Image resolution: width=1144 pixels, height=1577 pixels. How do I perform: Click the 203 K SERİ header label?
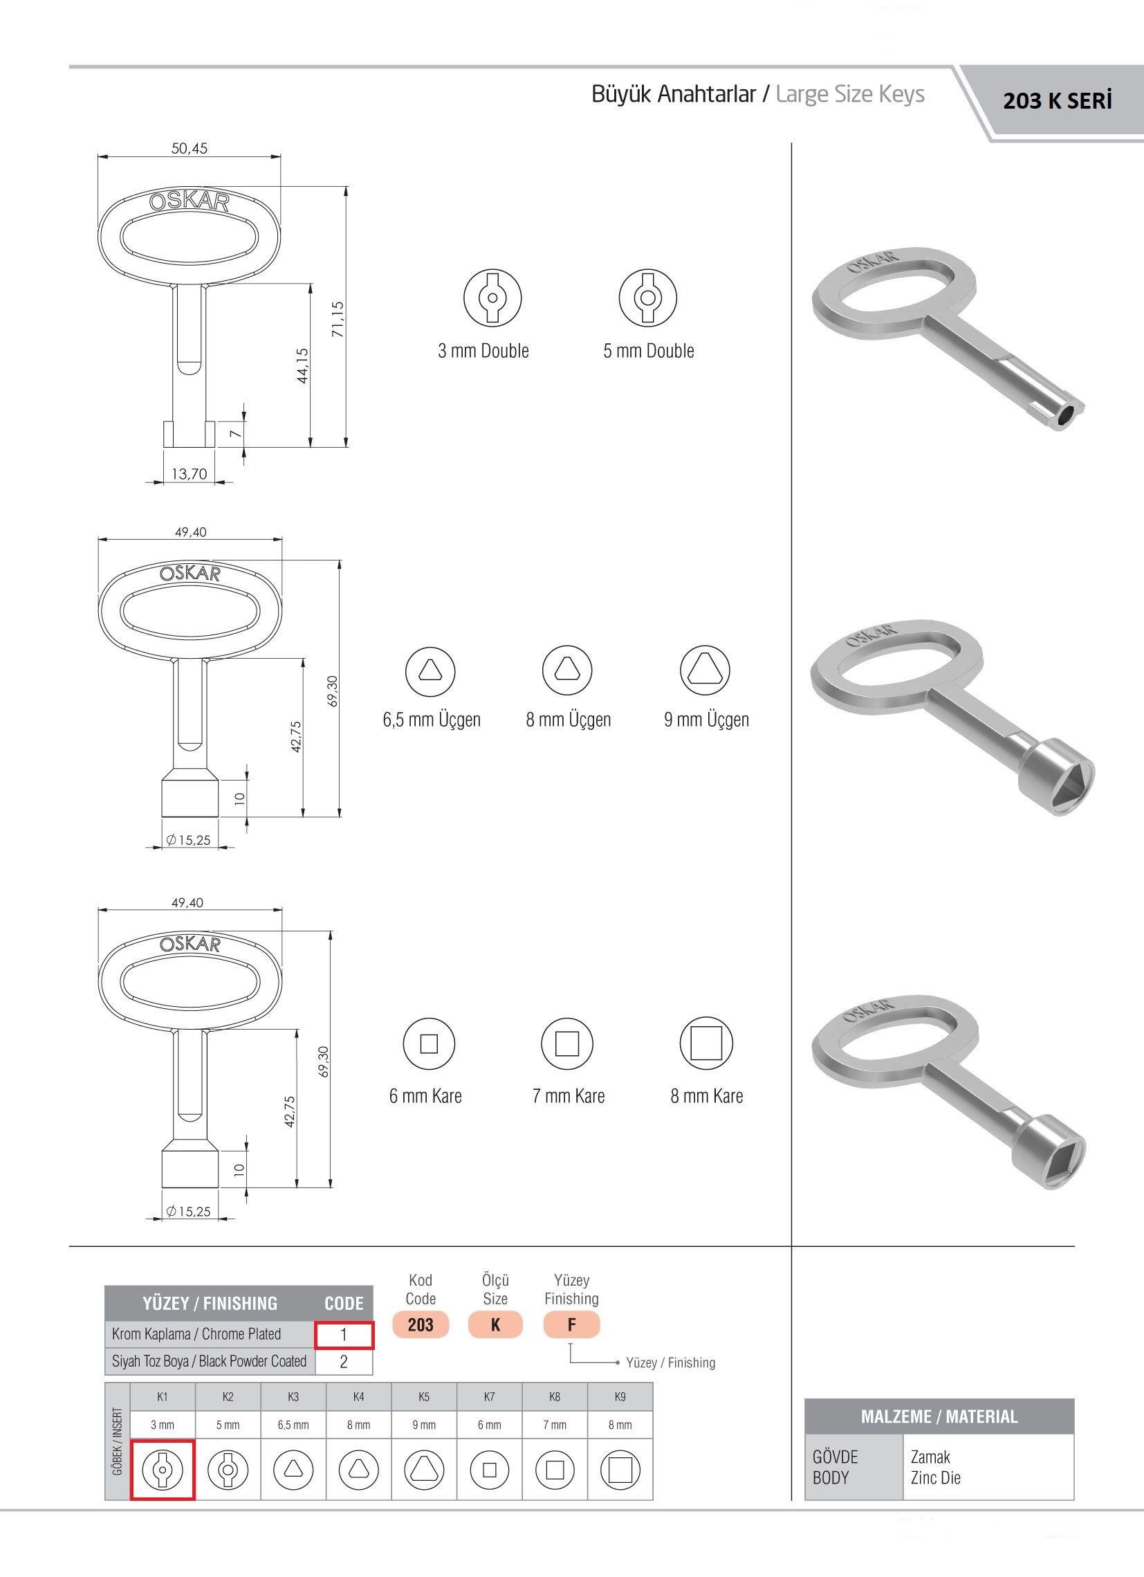click(1057, 102)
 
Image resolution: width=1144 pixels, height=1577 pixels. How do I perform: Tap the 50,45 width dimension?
click(189, 148)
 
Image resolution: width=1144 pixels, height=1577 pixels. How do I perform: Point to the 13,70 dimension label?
click(189, 473)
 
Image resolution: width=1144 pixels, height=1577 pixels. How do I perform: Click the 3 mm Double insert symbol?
click(492, 298)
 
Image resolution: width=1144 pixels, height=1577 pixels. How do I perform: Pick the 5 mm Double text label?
click(649, 350)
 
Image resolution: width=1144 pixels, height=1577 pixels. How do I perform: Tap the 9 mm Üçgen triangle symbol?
click(705, 671)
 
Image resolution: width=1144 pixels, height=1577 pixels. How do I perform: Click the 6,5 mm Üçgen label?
click(432, 719)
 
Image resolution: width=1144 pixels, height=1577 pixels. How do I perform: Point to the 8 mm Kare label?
click(706, 1096)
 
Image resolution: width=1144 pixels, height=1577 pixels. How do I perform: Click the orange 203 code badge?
click(421, 1324)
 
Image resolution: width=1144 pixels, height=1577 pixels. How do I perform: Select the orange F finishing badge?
click(571, 1324)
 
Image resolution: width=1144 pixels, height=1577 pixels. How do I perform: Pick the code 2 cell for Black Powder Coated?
click(343, 1361)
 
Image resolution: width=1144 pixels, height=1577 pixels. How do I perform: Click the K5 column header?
click(424, 1396)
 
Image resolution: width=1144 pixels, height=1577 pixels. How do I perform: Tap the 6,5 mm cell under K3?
click(293, 1425)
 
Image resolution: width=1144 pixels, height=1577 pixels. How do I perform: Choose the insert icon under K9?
click(619, 1470)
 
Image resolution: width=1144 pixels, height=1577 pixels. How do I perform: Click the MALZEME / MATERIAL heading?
click(939, 1416)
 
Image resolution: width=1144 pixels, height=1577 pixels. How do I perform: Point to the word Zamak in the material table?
click(930, 1457)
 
